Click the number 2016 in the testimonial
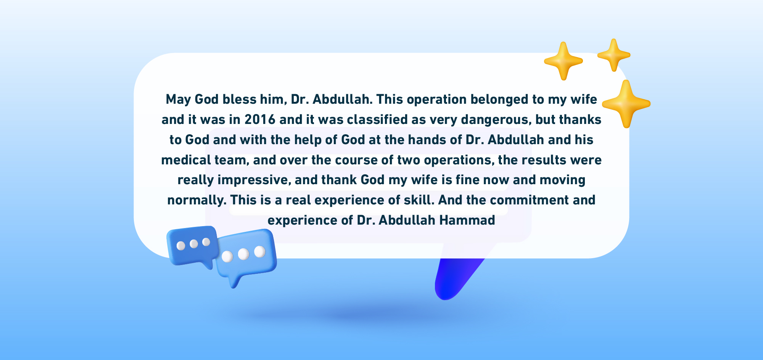click(260, 120)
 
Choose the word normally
click(197, 200)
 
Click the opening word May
click(178, 100)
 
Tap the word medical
click(186, 160)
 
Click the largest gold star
click(626, 104)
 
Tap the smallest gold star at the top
click(613, 55)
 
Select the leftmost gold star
click(563, 61)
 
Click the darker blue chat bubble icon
click(192, 246)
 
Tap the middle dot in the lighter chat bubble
click(243, 254)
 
